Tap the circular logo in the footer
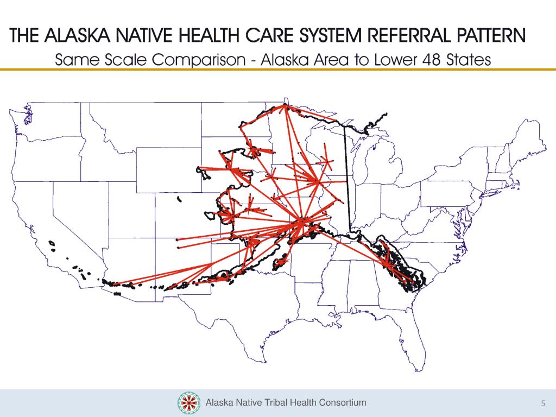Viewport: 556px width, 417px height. [x=189, y=403]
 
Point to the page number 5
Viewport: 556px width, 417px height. [x=542, y=403]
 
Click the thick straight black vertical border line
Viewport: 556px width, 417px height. [x=347, y=179]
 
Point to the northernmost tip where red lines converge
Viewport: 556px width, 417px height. [x=284, y=106]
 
